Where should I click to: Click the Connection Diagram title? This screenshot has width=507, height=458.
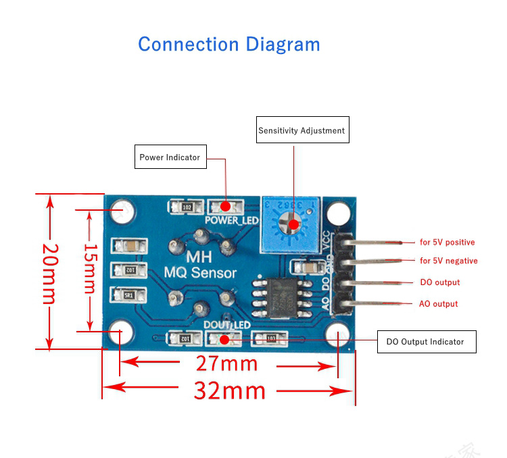click(228, 45)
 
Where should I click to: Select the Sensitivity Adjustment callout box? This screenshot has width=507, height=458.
click(302, 130)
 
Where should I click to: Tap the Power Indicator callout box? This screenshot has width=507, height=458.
click(170, 157)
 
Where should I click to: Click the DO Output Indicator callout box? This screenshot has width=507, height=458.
click(425, 342)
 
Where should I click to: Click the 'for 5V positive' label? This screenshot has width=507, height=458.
click(447, 242)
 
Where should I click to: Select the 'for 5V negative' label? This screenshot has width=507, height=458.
click(448, 261)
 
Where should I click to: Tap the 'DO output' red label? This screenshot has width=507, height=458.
click(439, 282)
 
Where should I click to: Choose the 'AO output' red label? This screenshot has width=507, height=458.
click(438, 304)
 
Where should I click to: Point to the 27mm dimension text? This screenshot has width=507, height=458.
click(226, 363)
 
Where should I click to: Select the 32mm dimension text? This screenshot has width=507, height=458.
click(229, 390)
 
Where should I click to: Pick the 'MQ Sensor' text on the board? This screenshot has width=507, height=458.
click(201, 273)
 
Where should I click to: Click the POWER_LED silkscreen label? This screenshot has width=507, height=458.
click(232, 220)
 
